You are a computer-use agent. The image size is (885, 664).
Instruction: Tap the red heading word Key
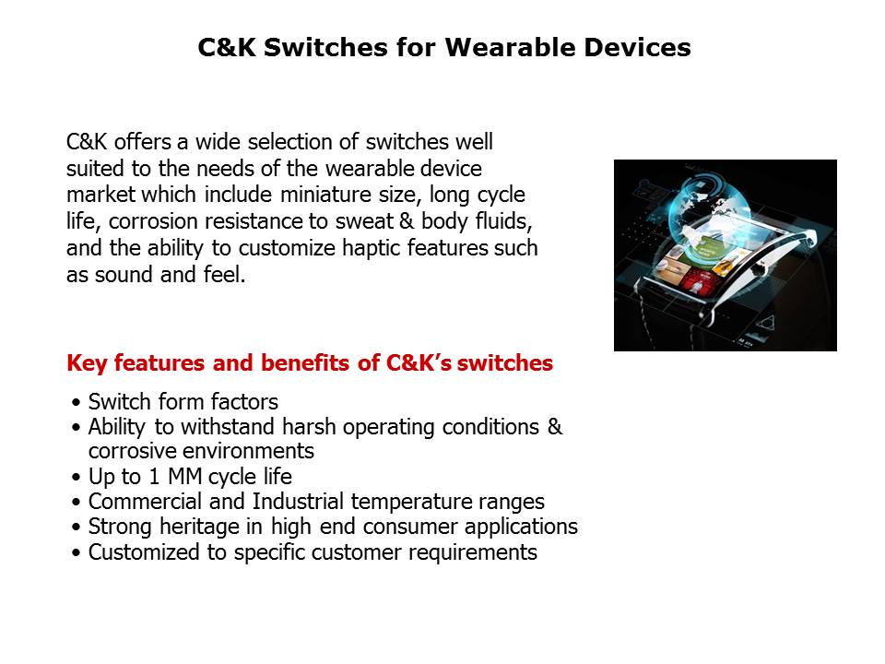pos(88,363)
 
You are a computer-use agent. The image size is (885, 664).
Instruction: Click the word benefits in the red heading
pos(286,363)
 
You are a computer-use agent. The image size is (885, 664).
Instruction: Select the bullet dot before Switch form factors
pos(75,403)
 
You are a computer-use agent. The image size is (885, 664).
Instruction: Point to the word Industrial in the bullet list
pos(289,503)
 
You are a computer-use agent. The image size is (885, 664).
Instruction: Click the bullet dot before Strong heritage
pos(75,528)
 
